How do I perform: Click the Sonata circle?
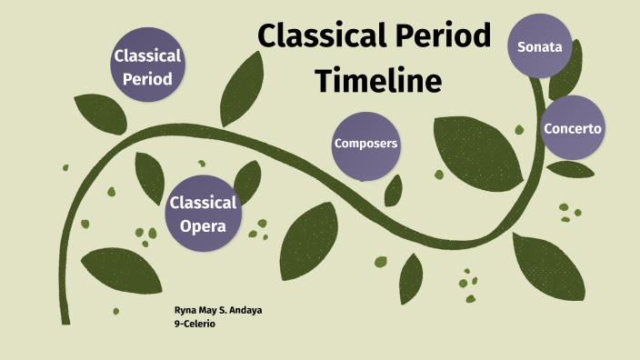pyautogui.click(x=540, y=46)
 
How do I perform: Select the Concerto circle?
pyautogui.click(x=572, y=128)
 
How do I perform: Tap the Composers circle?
pyautogui.click(x=366, y=145)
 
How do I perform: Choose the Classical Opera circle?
pyautogui.click(x=203, y=214)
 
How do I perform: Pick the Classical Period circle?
pyautogui.click(x=147, y=66)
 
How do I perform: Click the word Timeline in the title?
pyautogui.click(x=379, y=80)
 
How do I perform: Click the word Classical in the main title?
pyautogui.click(x=315, y=35)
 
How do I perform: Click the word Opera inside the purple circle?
pyautogui.click(x=203, y=225)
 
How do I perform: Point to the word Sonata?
pyautogui.click(x=540, y=46)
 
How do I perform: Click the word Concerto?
pyautogui.click(x=572, y=128)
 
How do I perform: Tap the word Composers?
pyautogui.click(x=366, y=145)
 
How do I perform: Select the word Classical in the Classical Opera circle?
pyautogui.click(x=203, y=203)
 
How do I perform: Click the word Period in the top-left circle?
pyautogui.click(x=147, y=78)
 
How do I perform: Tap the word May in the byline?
pyautogui.click(x=207, y=311)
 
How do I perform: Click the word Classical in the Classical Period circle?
pyautogui.click(x=147, y=55)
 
